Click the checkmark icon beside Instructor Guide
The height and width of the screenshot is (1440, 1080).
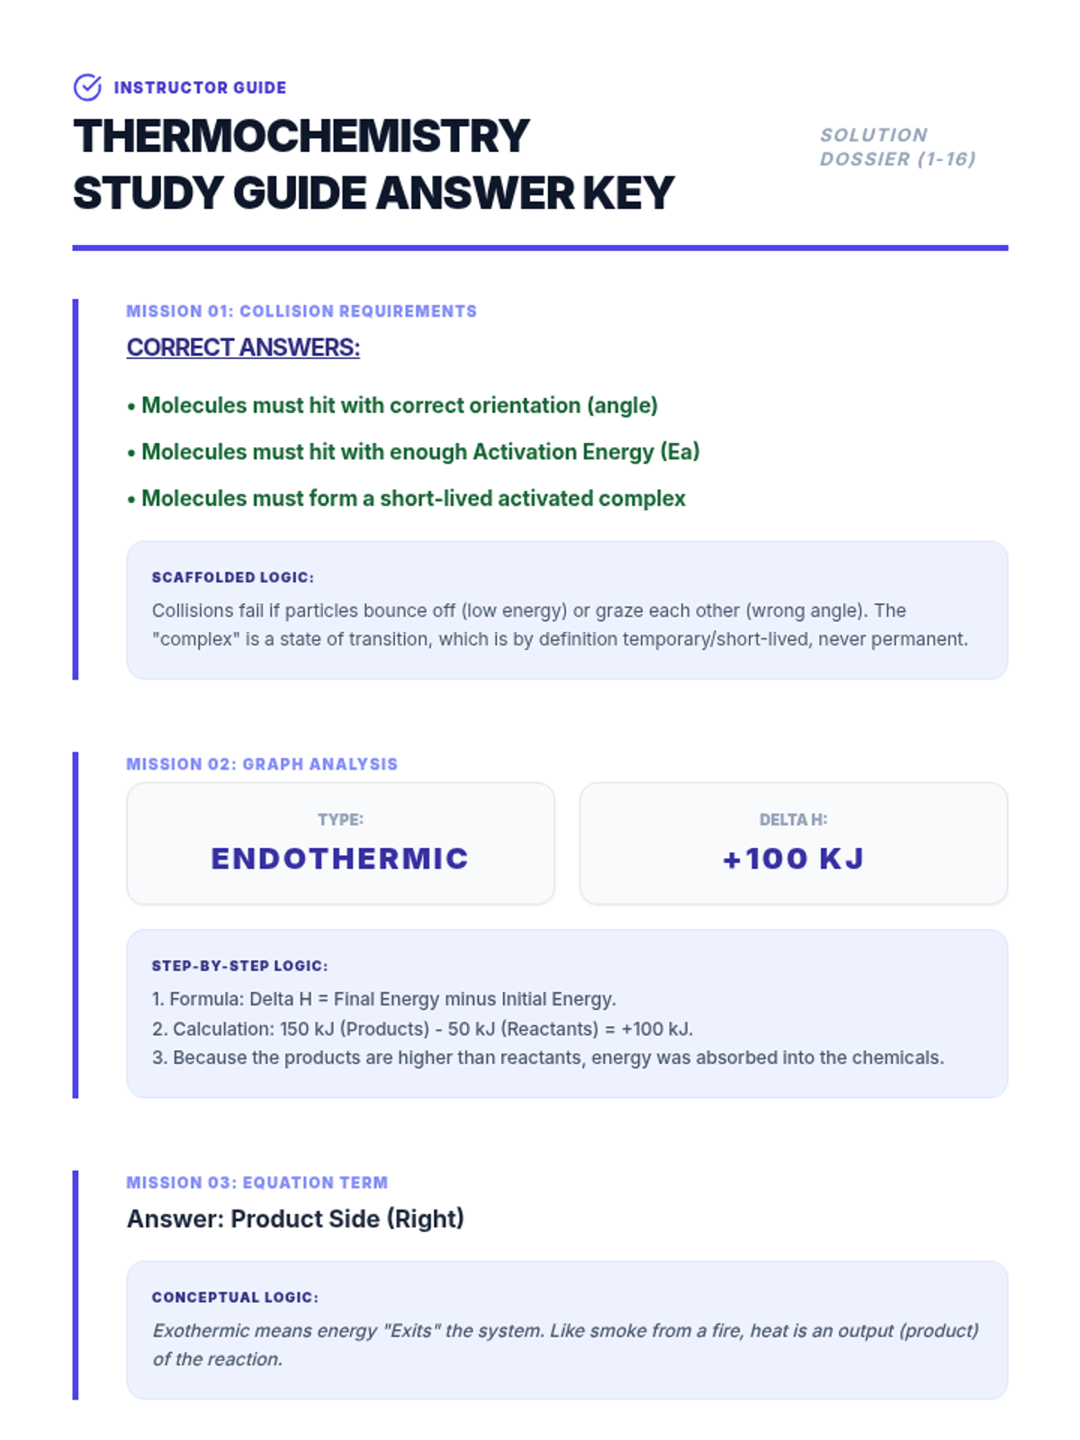[x=87, y=87]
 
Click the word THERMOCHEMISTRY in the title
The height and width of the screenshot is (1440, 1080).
[x=301, y=137]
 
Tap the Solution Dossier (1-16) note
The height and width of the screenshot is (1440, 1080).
[x=897, y=147]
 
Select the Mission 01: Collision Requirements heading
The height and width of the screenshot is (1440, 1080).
[x=301, y=311]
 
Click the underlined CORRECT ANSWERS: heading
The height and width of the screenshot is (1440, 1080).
[x=243, y=347]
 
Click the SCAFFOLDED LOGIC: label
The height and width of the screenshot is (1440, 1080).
[x=233, y=578]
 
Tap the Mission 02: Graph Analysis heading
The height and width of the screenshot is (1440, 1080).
[x=262, y=764]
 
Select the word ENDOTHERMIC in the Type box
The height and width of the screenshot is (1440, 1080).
[x=340, y=859]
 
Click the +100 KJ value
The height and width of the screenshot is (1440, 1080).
[x=793, y=859]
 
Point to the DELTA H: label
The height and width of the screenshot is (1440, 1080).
[x=793, y=820]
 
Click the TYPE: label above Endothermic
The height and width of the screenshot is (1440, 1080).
[x=340, y=820]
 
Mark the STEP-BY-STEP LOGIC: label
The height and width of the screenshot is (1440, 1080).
[x=239, y=967]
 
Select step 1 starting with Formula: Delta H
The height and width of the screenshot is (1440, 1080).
[x=384, y=999]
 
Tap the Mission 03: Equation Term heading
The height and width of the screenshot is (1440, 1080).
[x=257, y=1183]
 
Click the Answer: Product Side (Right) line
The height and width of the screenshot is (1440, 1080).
[x=295, y=1219]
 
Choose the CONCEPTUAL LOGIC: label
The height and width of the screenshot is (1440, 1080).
[x=235, y=1298]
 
